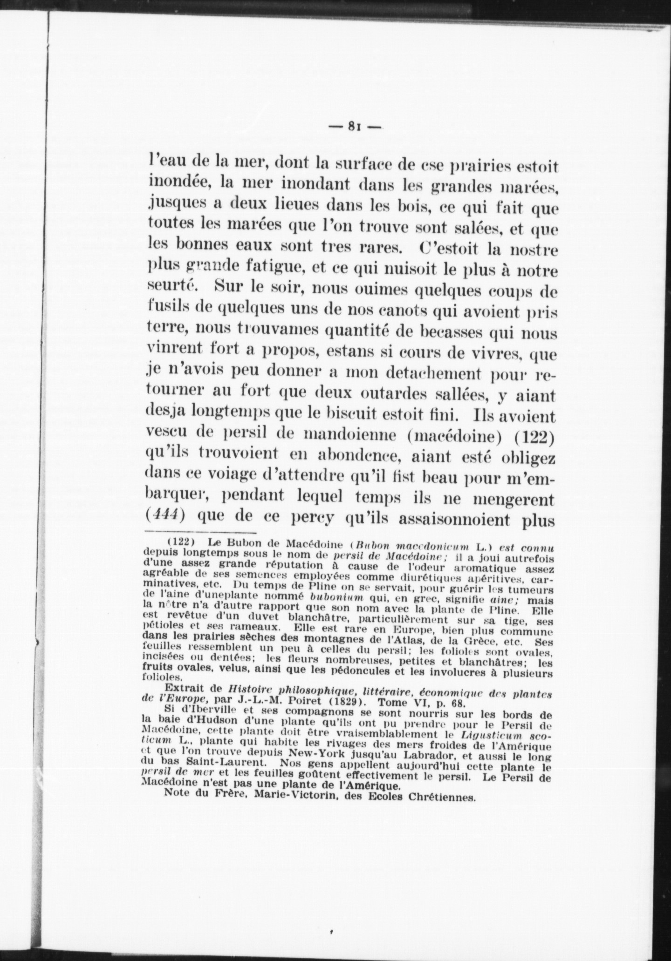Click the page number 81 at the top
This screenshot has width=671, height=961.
click(355, 126)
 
